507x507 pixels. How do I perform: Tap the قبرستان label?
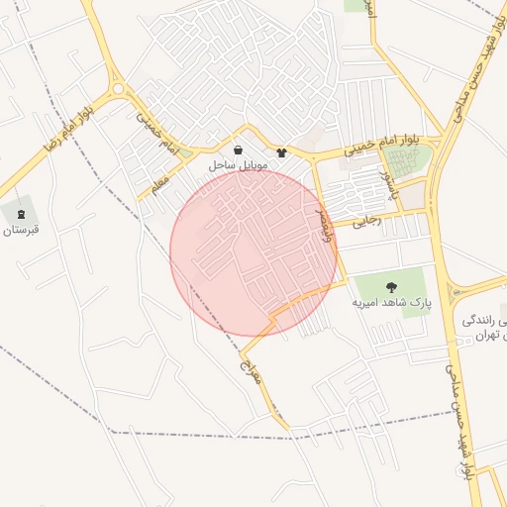[x=20, y=230]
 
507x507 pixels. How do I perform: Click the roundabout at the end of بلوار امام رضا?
[x=119, y=90]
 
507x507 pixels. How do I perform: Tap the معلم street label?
[x=160, y=184]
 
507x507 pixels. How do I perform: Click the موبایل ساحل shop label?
[x=239, y=165]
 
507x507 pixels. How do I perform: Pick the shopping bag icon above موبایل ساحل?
[x=238, y=150]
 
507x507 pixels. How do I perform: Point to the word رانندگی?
[x=483, y=321]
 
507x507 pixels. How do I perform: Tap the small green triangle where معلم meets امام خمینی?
[x=184, y=153]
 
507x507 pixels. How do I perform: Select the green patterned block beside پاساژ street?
[x=411, y=160]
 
